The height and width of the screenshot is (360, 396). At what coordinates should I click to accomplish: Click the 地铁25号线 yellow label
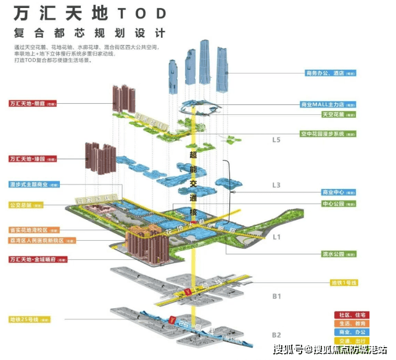28,319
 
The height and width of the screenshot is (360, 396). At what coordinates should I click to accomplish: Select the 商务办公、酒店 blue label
331,73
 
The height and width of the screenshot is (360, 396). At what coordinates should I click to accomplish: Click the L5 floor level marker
276,140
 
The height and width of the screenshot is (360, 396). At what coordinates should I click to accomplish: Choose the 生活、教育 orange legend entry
350,323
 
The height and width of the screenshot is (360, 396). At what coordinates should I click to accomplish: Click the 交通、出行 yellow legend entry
350,340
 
